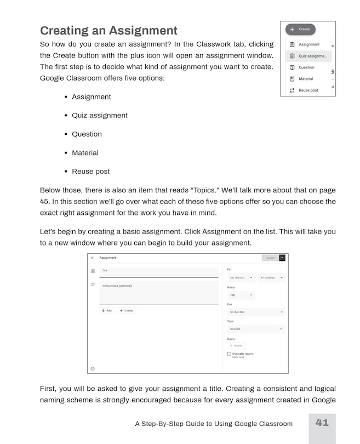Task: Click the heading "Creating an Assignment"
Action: tap(108, 30)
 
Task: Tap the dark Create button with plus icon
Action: tap(300, 29)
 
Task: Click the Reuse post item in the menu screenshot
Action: tap(307, 90)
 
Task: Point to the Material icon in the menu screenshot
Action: tap(292, 79)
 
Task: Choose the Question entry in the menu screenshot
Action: tap(306, 67)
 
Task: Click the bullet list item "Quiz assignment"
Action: tap(99, 116)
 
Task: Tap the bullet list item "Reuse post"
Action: tap(90, 172)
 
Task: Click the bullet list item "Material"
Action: tap(85, 153)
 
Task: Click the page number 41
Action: tap(322, 423)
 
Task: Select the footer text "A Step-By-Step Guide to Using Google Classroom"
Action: tap(214, 424)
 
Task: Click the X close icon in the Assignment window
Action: tap(92, 258)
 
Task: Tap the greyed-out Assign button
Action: tap(270, 258)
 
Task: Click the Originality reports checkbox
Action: tap(229, 354)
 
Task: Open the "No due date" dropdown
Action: tap(256, 312)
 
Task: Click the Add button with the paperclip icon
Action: tap(107, 310)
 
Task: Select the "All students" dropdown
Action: tap(271, 278)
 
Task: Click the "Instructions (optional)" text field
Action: tap(158, 293)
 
